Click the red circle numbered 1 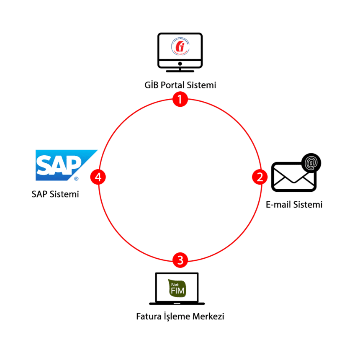click(180, 99)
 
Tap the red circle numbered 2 click(260, 177)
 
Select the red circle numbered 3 click(180, 260)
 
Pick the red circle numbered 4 click(98, 177)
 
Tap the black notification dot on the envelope click(311, 162)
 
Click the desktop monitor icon click(180, 51)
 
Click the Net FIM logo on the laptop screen click(177, 288)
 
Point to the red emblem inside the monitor click(180, 46)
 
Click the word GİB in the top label click(150, 85)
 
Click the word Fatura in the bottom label click(149, 316)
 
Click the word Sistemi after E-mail click(308, 205)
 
